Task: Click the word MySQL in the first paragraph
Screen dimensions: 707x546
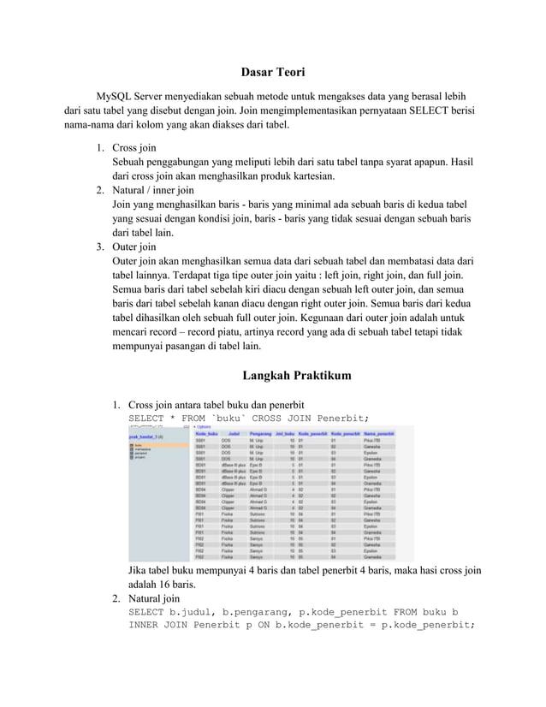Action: click(x=115, y=97)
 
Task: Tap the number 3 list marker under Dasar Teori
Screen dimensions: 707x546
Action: click(x=99, y=247)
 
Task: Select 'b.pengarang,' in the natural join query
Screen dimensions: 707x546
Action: click(x=258, y=613)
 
